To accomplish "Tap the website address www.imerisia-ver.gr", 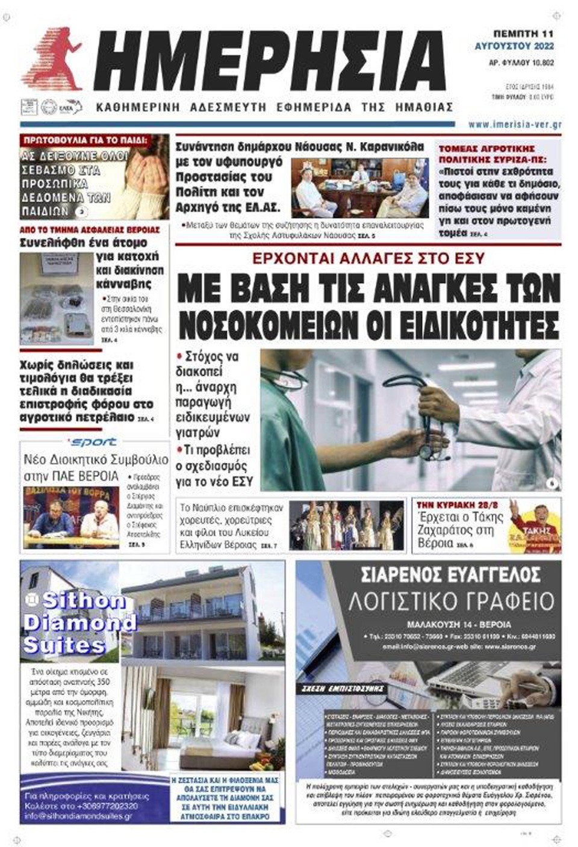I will click(515, 125).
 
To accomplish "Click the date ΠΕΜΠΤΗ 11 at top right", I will click(523, 34).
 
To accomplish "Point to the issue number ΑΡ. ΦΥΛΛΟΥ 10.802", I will click(521, 62).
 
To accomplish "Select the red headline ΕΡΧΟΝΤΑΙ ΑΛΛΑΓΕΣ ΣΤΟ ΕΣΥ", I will click(368, 259).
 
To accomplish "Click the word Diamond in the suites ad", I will click(80, 622).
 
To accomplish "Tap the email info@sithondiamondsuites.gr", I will click(78, 816).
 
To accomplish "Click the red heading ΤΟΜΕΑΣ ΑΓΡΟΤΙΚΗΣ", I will click(486, 149).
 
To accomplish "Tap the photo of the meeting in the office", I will click(359, 188).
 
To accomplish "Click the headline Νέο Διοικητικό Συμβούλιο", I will click(95, 461).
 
